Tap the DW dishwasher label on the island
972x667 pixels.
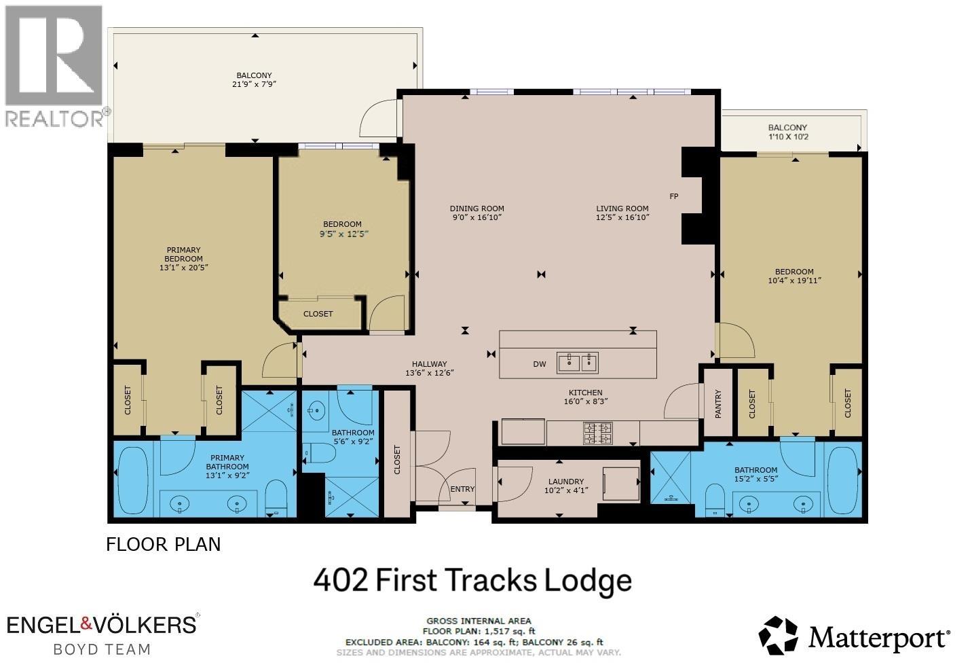click(x=539, y=364)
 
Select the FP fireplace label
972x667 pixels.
click(x=674, y=196)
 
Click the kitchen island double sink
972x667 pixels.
click(x=578, y=363)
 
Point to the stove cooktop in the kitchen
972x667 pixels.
click(x=598, y=433)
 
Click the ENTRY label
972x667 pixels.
click(x=463, y=489)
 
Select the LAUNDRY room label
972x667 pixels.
click(x=565, y=482)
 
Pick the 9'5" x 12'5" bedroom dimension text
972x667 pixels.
click(x=342, y=234)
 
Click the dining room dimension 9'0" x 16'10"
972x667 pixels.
click(x=476, y=217)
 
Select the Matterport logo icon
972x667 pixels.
click(x=778, y=636)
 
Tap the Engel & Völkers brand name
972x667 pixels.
click(x=102, y=624)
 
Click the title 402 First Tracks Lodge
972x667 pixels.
click(x=472, y=581)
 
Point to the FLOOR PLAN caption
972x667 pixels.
click(x=163, y=544)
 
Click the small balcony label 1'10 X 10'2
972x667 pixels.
click(x=787, y=137)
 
